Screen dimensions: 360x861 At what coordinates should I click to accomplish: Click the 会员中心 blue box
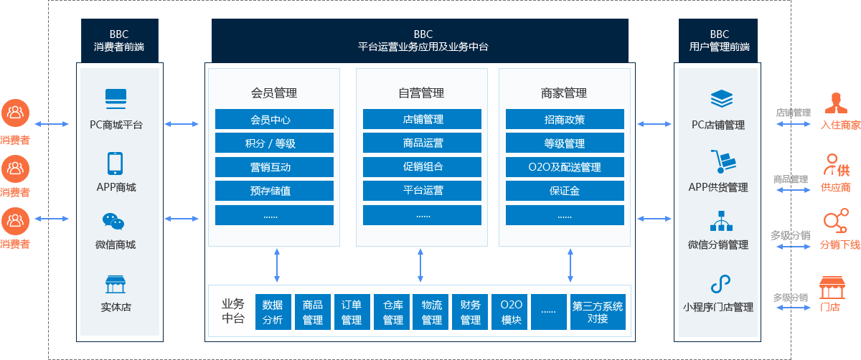(274, 119)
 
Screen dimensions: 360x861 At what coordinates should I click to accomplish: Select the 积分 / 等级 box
(274, 143)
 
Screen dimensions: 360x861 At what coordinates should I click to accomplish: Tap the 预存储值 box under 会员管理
(274, 191)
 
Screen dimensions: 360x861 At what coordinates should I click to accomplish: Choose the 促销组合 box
(422, 167)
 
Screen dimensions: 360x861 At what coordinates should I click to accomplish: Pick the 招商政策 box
(565, 119)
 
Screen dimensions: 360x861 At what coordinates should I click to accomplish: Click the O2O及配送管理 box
(565, 167)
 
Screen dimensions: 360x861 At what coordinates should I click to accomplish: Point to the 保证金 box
(565, 191)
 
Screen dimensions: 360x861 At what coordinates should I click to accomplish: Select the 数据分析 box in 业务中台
(273, 312)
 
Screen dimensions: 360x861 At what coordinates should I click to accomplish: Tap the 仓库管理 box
(392, 312)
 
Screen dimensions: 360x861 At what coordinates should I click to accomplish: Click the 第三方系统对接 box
(598, 312)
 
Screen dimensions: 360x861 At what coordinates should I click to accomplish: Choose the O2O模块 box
(511, 312)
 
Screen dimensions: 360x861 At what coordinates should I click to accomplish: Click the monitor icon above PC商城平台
(116, 97)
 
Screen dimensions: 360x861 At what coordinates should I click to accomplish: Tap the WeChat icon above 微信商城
(113, 222)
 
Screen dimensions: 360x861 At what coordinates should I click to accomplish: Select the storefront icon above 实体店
(115, 284)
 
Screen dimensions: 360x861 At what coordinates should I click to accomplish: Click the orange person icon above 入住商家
(834, 103)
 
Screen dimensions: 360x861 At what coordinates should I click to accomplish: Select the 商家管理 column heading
(564, 93)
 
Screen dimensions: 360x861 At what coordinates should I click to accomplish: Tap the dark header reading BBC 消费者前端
(119, 41)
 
